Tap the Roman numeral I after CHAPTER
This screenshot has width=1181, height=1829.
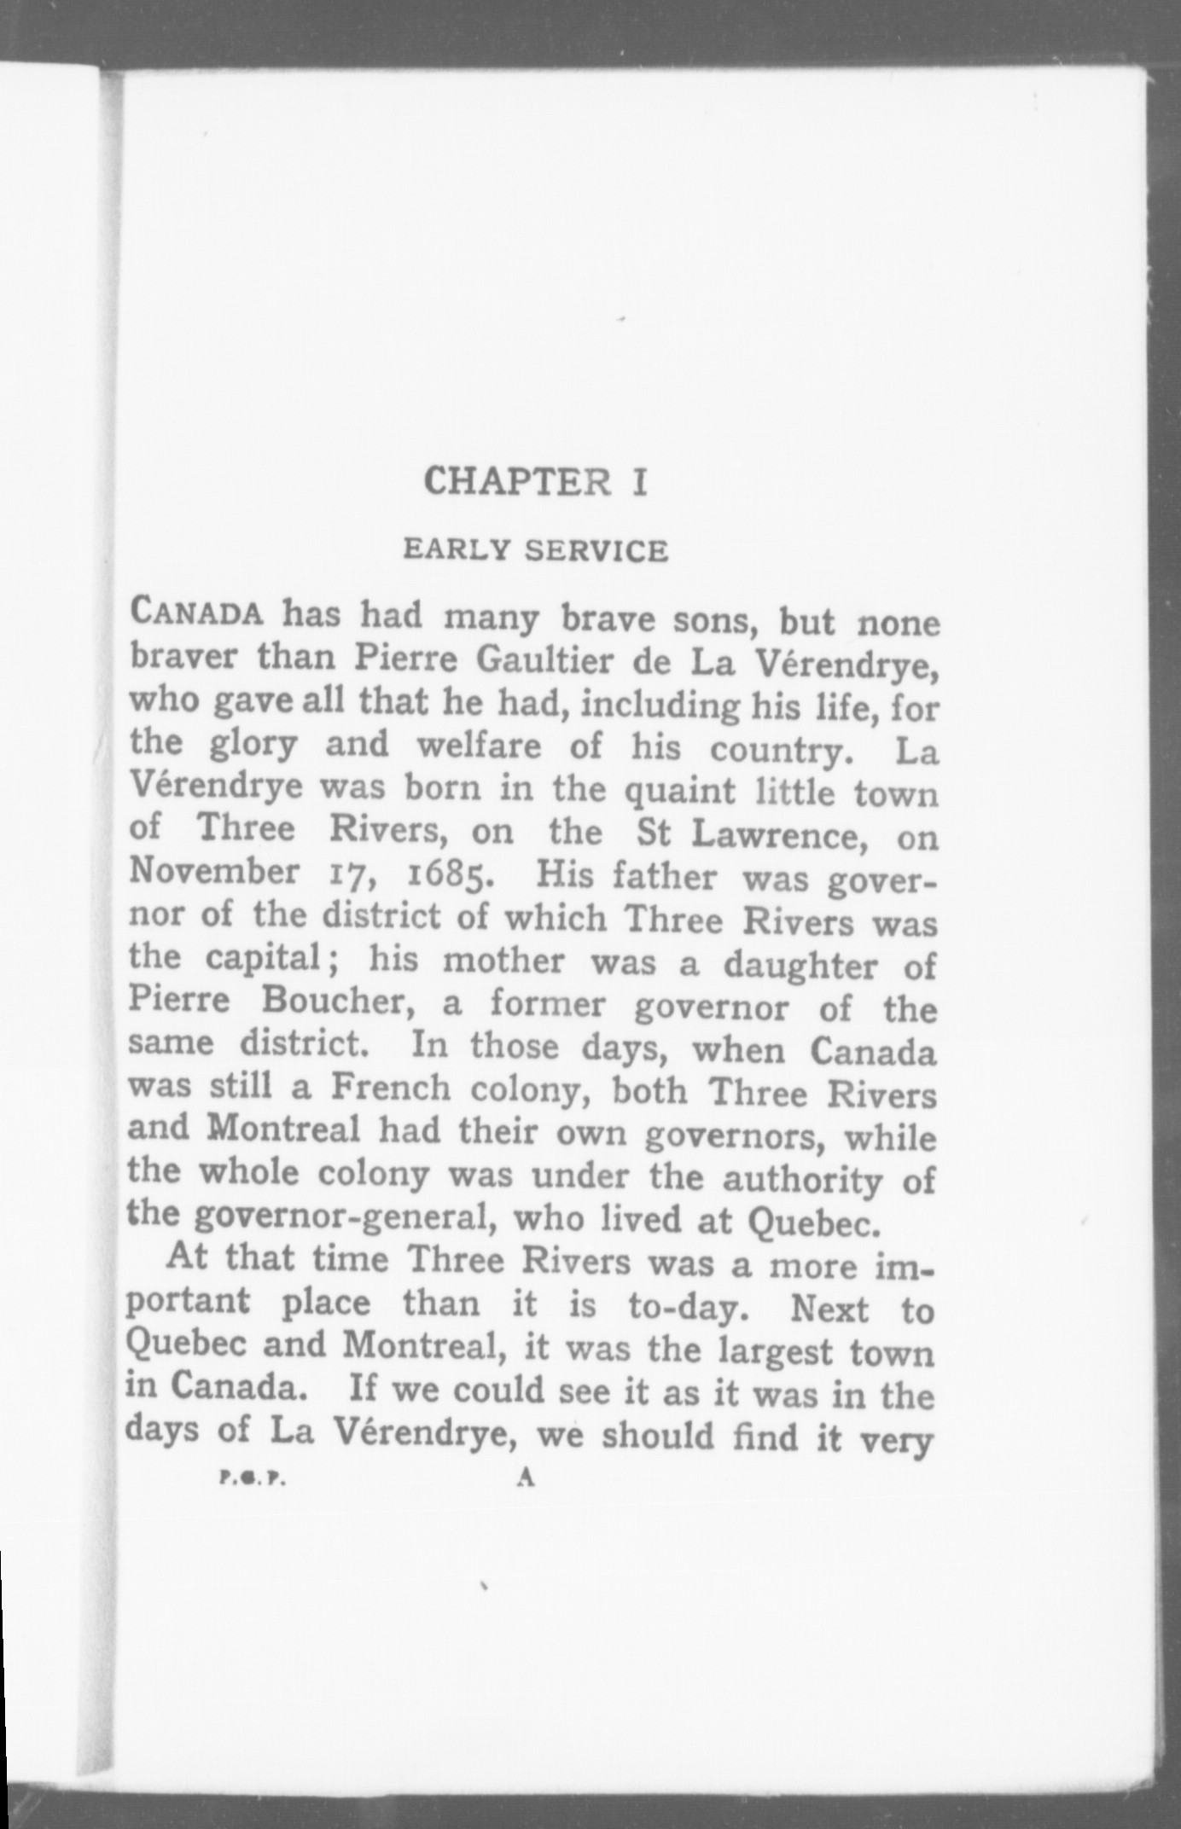639,482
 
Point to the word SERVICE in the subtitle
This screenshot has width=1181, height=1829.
596,551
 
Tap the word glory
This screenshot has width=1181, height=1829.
253,745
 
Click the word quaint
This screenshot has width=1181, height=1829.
679,791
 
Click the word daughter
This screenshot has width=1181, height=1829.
800,964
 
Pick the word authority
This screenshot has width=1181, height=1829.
801,1179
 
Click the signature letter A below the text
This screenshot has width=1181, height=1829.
526,1478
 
